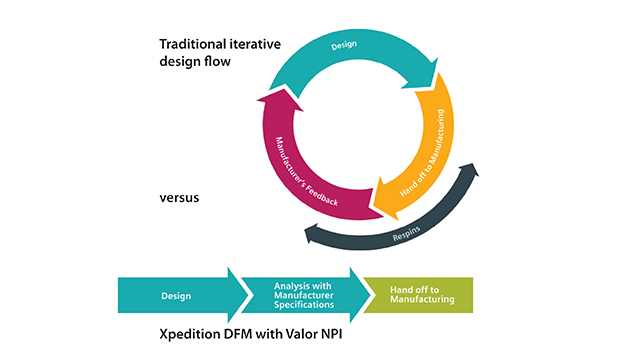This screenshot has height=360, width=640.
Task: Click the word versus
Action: pos(180,197)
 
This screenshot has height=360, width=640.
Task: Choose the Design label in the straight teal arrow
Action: pos(177,296)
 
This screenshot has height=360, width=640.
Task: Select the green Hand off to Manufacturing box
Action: pos(417,296)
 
